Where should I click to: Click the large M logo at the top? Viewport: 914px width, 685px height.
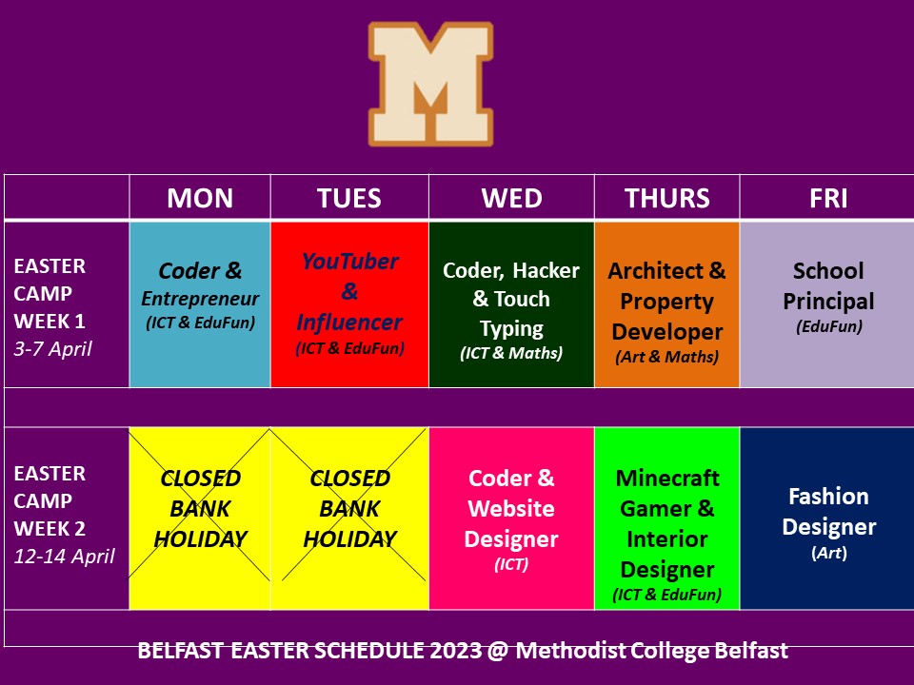coord(430,84)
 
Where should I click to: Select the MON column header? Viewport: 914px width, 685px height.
coord(200,198)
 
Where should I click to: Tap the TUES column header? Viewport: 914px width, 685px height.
coord(349,198)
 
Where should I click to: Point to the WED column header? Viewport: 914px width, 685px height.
coord(512,198)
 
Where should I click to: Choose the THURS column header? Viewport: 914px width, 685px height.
coord(667,198)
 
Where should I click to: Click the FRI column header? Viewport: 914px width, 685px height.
coord(828,198)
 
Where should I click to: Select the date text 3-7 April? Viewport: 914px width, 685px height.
coord(53,349)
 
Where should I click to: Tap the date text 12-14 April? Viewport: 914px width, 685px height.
coord(64,557)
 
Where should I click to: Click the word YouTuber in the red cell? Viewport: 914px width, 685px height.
coord(349,262)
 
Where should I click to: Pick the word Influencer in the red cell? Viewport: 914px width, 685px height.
coord(349,323)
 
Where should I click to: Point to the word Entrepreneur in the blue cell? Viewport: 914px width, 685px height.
coord(200,299)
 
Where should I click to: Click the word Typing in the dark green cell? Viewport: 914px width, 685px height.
coord(511,329)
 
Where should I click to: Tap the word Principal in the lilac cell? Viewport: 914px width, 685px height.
coord(828,302)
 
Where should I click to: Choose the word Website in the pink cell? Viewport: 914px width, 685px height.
coord(511,508)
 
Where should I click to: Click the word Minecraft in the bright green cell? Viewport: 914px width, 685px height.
coord(667,479)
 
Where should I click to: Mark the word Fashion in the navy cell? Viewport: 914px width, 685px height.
coord(828,497)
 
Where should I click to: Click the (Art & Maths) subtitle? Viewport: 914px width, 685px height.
coord(666,357)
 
